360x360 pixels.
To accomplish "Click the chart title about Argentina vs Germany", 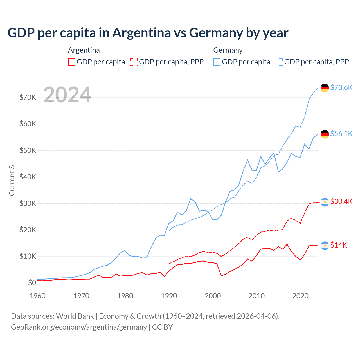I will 148,33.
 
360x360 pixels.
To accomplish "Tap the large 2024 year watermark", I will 67,95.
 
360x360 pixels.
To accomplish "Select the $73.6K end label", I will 341,87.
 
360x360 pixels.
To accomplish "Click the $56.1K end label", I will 341,134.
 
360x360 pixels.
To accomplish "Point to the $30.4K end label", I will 341,201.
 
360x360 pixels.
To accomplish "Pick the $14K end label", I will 339,245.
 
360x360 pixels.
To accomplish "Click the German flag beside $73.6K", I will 325,88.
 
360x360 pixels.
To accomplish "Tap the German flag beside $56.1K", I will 325,134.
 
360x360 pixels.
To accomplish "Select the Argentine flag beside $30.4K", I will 325,202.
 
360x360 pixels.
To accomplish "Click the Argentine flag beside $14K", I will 325,246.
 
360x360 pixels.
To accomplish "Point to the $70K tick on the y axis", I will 28,98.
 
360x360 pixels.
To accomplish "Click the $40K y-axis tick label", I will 28,177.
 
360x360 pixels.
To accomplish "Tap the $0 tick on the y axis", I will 32,283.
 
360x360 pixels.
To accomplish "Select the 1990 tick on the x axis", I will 169,296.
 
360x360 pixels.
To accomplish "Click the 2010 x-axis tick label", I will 256,296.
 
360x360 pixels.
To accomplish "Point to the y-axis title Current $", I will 12,181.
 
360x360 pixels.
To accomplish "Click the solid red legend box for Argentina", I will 72,62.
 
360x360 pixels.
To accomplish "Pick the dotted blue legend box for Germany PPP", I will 279,62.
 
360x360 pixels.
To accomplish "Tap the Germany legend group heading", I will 228,50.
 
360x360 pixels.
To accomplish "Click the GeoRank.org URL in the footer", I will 79,327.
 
